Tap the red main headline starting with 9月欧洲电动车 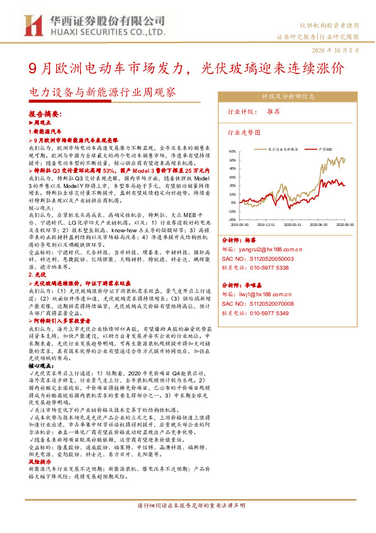pyautogui.click(x=187, y=68)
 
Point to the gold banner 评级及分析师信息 pyautogui.click(x=288, y=97)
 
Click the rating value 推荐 pyautogui.click(x=274, y=111)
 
